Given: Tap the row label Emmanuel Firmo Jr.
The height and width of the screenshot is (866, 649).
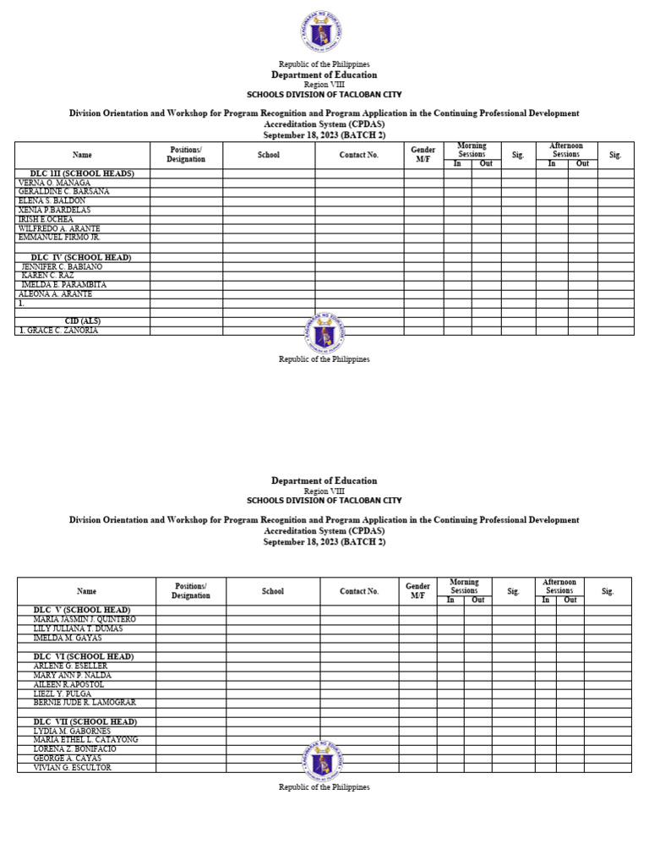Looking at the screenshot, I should coord(59,238).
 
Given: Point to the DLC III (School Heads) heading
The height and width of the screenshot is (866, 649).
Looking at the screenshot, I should coord(82,173).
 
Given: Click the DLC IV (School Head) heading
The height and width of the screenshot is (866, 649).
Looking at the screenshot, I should coord(81,257).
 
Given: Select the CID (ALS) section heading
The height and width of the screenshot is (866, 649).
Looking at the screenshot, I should coord(83,321).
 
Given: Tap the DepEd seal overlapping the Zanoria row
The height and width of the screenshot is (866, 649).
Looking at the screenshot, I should coord(324,332).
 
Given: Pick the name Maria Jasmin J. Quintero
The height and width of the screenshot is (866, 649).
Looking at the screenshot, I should coord(84,620).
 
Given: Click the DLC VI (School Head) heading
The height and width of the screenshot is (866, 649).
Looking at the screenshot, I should coord(82,656).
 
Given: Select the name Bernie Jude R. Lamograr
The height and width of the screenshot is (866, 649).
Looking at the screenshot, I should coord(85,703).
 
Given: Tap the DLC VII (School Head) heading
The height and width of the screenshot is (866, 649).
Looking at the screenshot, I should coord(83,721).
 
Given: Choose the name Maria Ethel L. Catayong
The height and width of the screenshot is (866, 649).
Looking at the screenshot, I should coord(85,740).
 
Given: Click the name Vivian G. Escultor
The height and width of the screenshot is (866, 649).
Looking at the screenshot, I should coord(72,768).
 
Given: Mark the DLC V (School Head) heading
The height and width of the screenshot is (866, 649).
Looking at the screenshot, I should coord(81,610).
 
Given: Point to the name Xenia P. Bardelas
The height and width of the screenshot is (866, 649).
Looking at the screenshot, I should coord(54,210).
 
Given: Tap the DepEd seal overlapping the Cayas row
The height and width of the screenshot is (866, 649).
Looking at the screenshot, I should coord(324,760).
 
